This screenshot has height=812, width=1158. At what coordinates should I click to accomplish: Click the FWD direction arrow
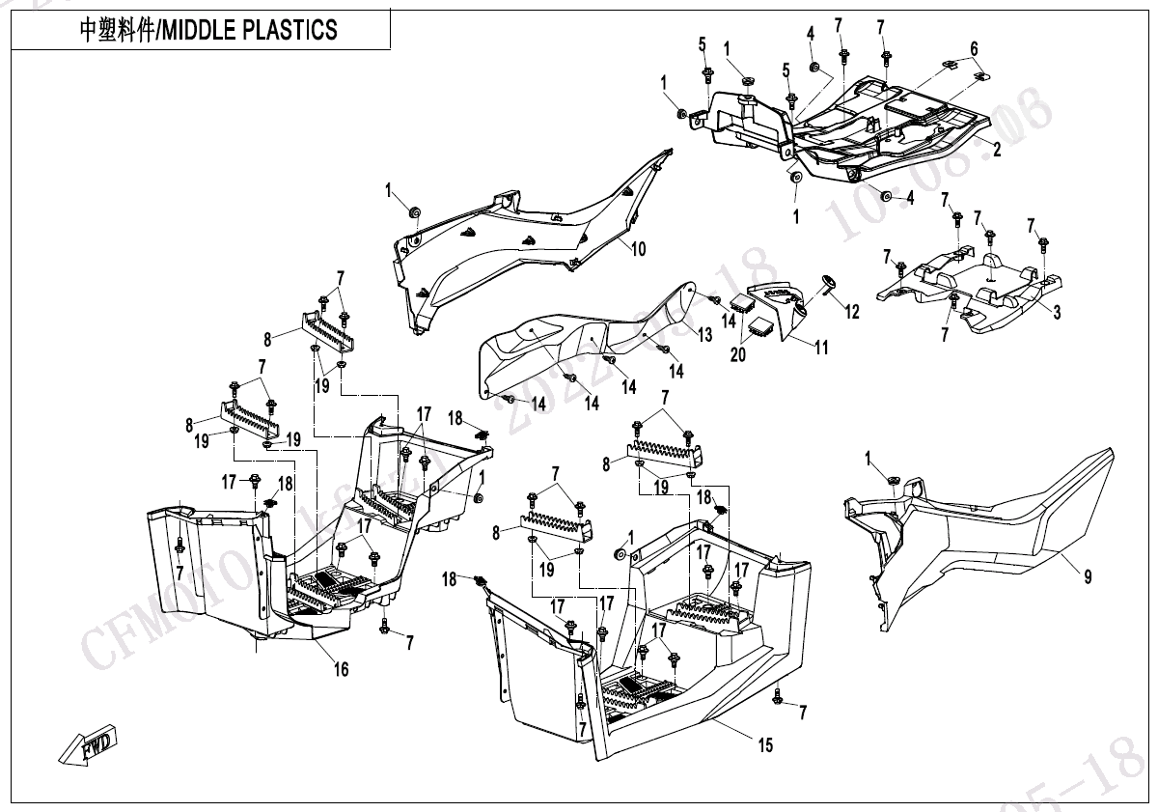[x=88, y=744]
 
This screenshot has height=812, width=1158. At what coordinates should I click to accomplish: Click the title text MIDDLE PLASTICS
[x=207, y=30]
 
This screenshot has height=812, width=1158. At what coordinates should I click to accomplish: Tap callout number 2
[x=997, y=150]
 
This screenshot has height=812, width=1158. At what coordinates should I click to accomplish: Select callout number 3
[x=1057, y=313]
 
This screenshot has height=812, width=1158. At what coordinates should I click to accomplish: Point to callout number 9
[x=1088, y=577]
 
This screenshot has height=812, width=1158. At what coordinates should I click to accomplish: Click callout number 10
[x=638, y=249]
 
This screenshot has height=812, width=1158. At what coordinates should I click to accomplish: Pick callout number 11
[x=821, y=348]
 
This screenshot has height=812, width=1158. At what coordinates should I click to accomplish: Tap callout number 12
[x=851, y=311]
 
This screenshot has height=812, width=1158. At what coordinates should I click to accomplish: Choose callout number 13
[x=705, y=335]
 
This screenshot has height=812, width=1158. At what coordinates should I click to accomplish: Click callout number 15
[x=764, y=744]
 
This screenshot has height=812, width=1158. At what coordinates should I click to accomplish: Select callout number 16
[x=341, y=669]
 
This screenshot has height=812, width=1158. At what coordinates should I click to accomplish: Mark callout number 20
[x=738, y=354]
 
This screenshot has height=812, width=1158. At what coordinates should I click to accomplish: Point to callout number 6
[x=974, y=48]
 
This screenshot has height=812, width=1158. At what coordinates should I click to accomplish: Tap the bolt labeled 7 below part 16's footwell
[x=385, y=630]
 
